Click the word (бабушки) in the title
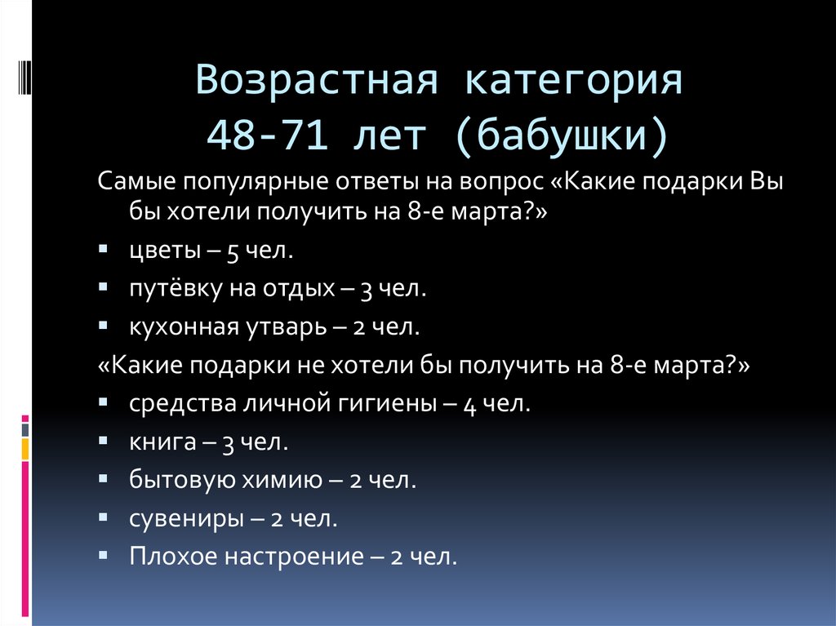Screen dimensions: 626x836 point(573,134)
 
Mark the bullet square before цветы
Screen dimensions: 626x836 point(102,248)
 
